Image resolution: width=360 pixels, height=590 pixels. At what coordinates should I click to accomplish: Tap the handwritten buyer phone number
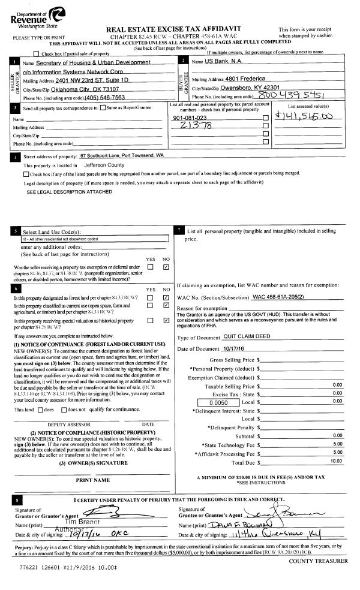click(287, 97)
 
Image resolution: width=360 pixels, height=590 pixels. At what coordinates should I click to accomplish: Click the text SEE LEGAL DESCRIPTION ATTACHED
click(70, 192)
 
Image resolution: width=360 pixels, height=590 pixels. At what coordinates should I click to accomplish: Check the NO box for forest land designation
click(166, 297)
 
